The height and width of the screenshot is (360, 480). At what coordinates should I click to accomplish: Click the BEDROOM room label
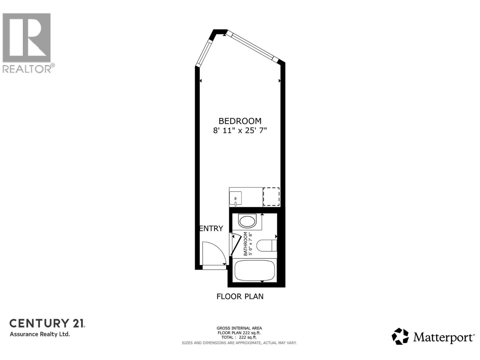click(x=240, y=121)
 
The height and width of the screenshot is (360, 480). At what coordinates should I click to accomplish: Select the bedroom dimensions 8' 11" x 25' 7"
click(x=240, y=130)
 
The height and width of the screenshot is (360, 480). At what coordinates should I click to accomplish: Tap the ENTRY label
click(x=211, y=228)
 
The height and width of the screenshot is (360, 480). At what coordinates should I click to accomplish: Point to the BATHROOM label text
click(x=246, y=244)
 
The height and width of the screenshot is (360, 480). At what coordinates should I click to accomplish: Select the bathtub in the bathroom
click(x=255, y=270)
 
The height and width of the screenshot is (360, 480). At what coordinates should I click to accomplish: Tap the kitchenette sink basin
click(x=235, y=198)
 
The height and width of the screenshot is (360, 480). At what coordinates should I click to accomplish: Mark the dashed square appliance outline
click(x=271, y=196)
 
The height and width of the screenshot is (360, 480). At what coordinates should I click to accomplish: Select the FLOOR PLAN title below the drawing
click(x=240, y=296)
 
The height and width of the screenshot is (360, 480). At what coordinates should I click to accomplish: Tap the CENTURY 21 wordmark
click(x=47, y=323)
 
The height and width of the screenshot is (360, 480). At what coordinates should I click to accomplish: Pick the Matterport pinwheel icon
click(x=400, y=336)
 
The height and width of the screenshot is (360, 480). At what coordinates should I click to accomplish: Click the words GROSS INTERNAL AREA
click(x=239, y=328)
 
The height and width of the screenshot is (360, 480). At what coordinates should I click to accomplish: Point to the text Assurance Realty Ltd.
click(x=40, y=334)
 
